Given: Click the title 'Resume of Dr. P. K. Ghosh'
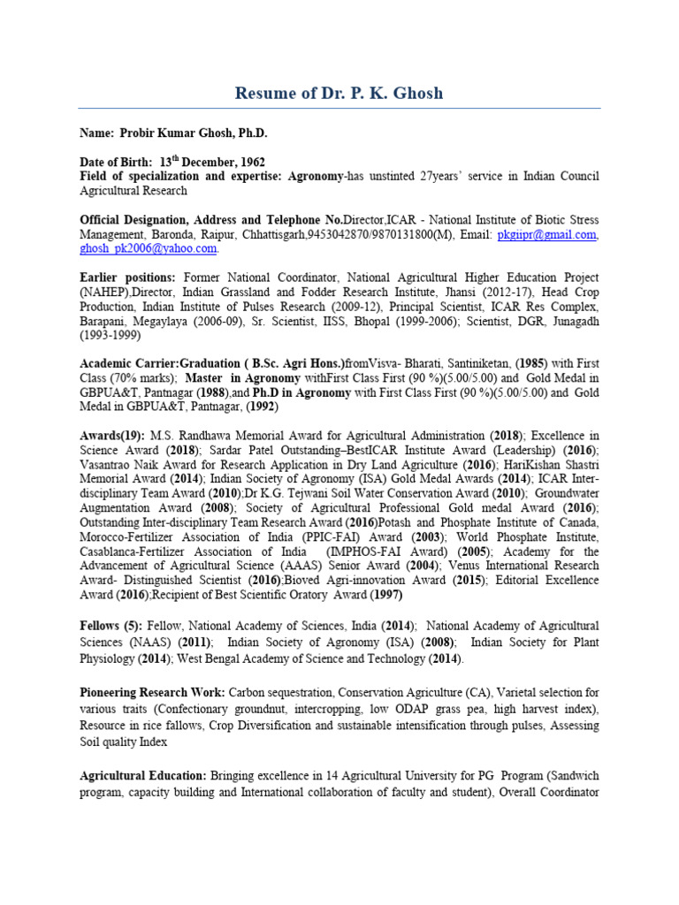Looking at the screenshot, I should pyautogui.click(x=339, y=93).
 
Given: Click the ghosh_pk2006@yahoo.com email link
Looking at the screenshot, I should pyautogui.click(x=148, y=248).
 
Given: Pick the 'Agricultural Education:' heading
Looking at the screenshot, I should pyautogui.click(x=143, y=775).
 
